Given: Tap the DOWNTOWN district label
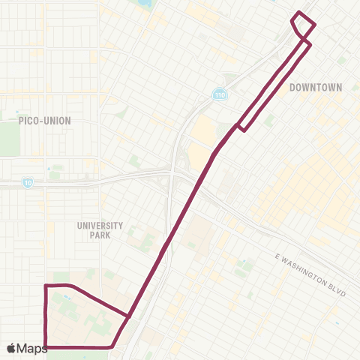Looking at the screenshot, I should pos(316,88).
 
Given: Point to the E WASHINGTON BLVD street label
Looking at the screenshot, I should pos(310,274).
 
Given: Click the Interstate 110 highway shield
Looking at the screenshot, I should pos(218,95).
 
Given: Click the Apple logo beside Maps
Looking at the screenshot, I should pos(11,348).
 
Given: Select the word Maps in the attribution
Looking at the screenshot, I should pos(32,348).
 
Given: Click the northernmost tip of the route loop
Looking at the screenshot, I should pos(300,13).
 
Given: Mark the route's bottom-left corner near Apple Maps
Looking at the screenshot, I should pos(46,347).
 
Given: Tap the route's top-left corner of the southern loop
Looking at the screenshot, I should pos(46,286).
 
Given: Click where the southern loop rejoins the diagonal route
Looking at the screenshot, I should pos(130,316).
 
